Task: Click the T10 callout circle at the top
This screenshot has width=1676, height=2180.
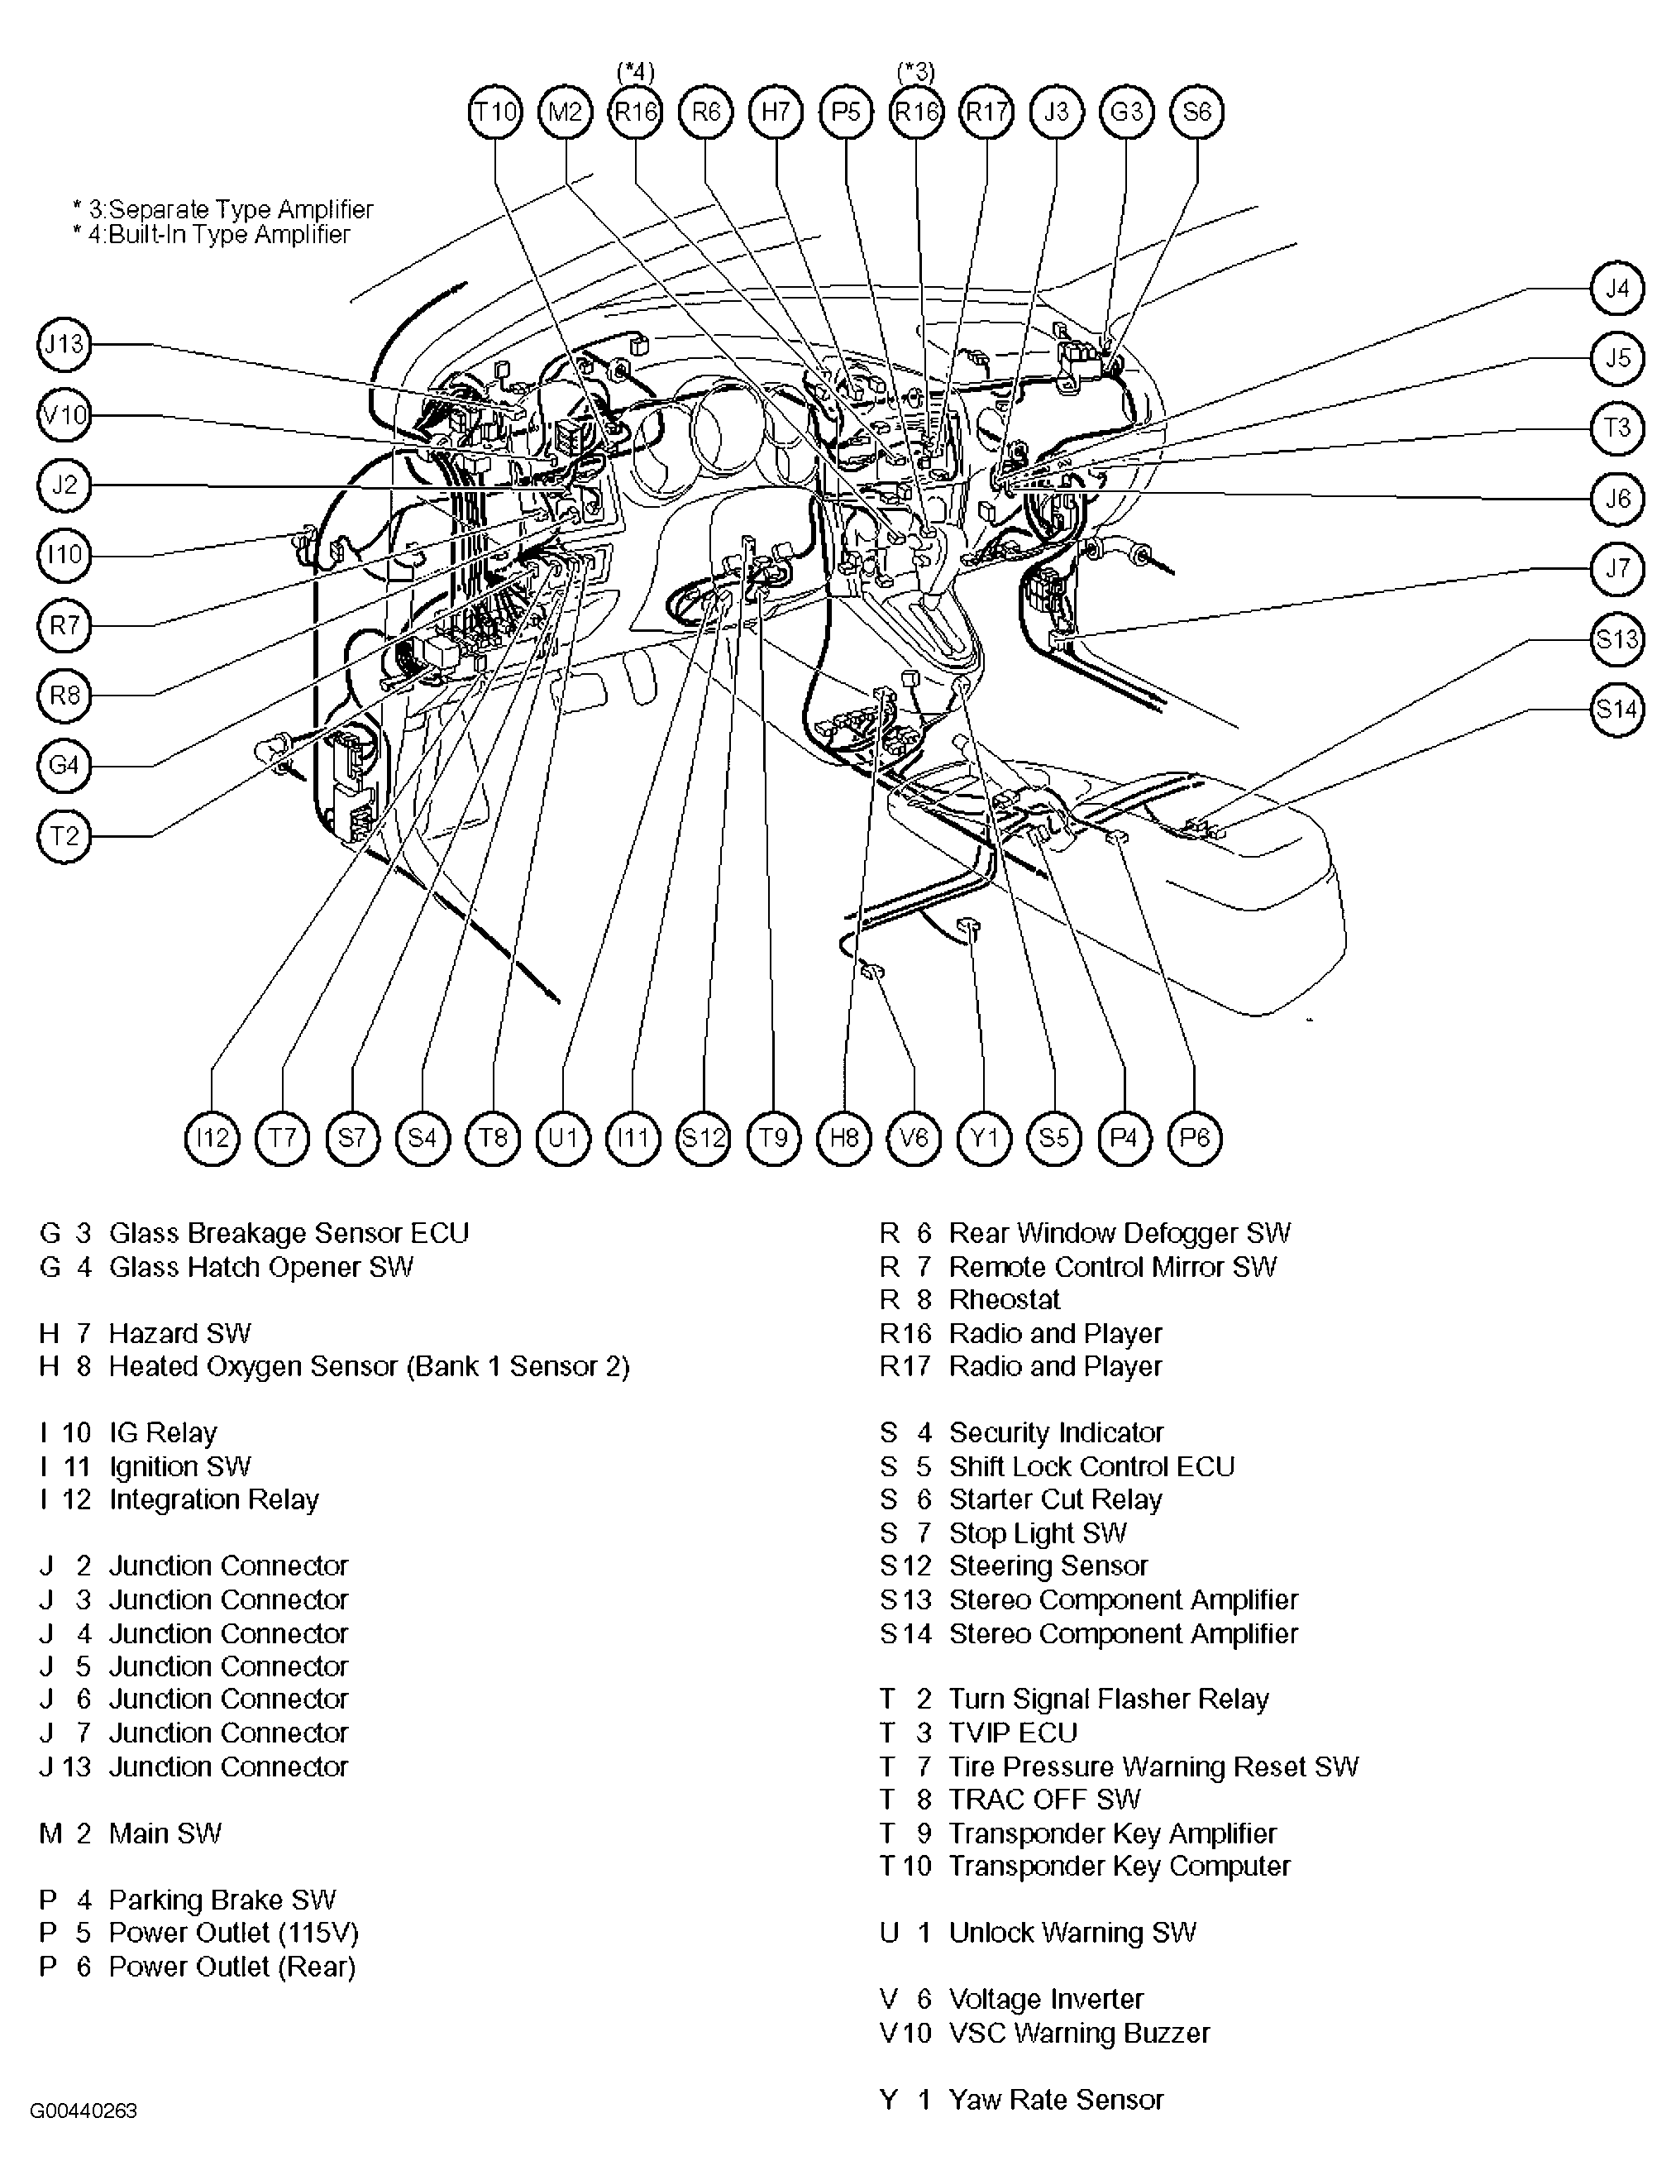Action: point(494,112)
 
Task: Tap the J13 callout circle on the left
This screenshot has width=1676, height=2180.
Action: point(64,344)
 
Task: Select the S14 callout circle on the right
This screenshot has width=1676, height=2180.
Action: point(1616,710)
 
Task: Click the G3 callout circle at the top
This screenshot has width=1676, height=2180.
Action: point(1126,112)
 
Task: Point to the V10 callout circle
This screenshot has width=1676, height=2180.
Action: point(64,415)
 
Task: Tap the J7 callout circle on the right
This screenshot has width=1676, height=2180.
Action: point(1616,569)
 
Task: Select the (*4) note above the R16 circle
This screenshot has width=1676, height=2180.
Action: point(636,71)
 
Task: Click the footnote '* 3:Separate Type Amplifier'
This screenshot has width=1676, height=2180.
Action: point(222,209)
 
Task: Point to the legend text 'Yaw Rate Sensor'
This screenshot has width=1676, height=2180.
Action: point(1056,2099)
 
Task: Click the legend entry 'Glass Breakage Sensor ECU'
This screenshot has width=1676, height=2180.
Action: point(289,1233)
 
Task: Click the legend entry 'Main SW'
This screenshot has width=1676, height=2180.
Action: point(165,1833)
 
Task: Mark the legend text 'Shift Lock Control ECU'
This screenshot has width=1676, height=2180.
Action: point(1091,1466)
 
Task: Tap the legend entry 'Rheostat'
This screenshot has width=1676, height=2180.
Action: point(1004,1300)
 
